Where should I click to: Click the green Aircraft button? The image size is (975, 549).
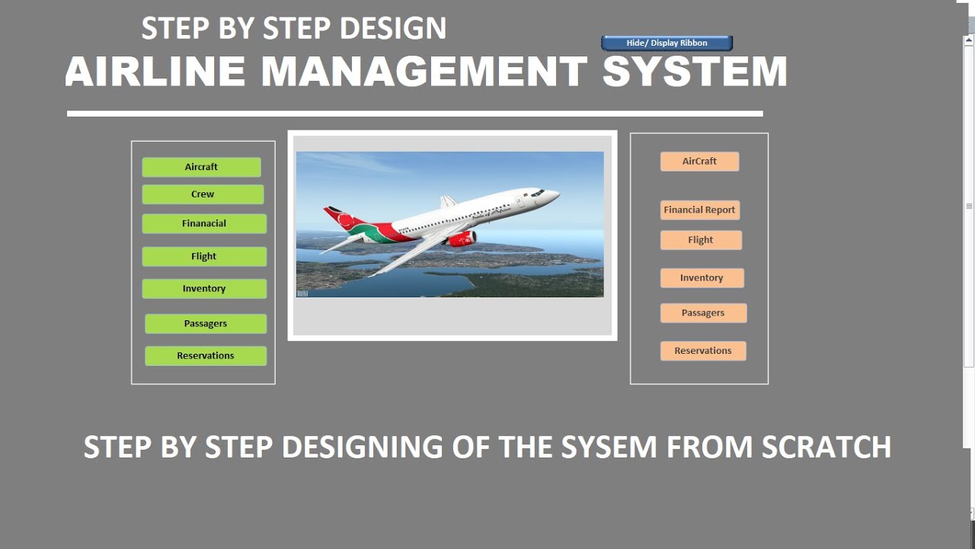click(x=201, y=167)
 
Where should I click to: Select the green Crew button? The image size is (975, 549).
click(x=203, y=194)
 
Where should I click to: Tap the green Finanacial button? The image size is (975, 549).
click(x=204, y=223)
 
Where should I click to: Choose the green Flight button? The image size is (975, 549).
click(x=204, y=256)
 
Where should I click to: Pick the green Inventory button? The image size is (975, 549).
click(x=204, y=289)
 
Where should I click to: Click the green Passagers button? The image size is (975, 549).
click(x=206, y=323)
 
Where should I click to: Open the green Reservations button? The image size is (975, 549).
click(x=206, y=356)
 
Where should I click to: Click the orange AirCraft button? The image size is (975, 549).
click(x=699, y=162)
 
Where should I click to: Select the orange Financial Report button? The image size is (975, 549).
click(x=699, y=210)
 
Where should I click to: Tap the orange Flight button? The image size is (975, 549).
click(x=701, y=240)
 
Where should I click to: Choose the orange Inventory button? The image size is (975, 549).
click(x=702, y=278)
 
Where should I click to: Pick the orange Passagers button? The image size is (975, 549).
click(x=703, y=313)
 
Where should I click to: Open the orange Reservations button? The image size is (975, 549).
click(x=703, y=351)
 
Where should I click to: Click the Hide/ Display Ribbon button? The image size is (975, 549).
click(x=667, y=43)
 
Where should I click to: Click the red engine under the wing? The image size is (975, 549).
click(x=461, y=239)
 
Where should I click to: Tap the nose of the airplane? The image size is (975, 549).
click(x=555, y=194)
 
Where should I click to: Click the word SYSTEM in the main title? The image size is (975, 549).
click(x=695, y=72)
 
